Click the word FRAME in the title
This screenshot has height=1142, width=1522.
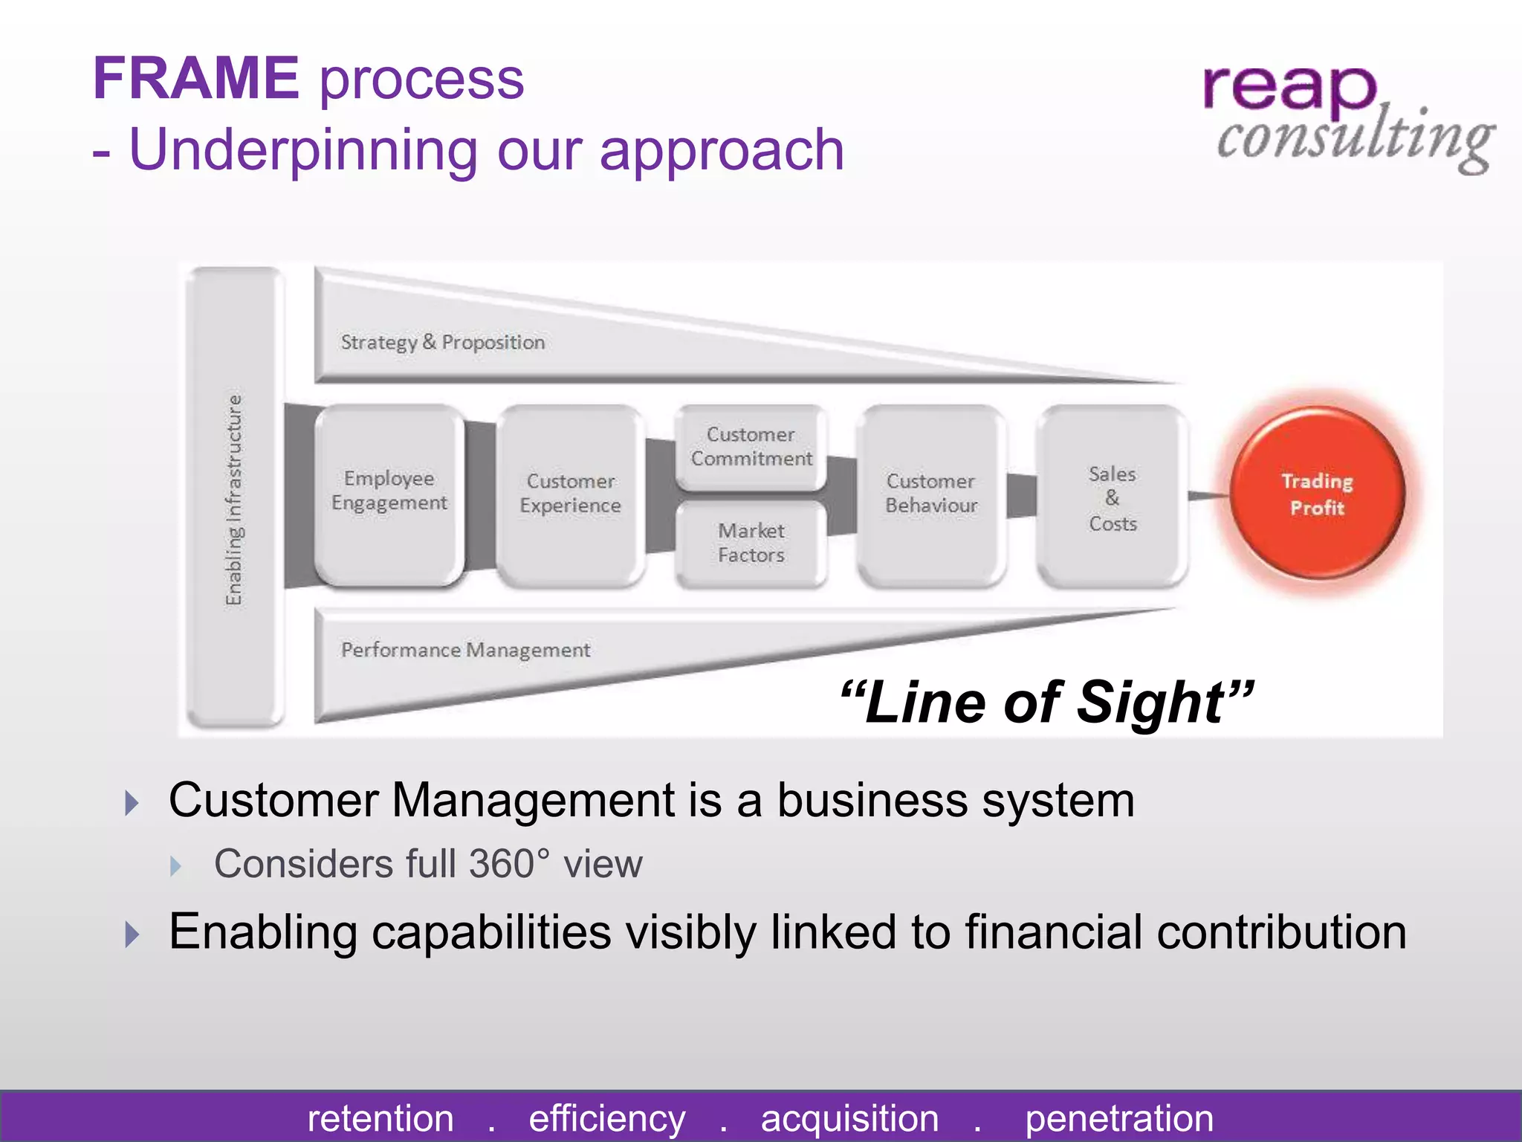pos(195,79)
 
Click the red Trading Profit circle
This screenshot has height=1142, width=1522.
pos(1317,494)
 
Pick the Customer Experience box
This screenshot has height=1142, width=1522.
pos(570,494)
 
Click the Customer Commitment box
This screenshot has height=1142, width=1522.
pos(751,446)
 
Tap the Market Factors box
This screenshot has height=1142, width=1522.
pos(751,543)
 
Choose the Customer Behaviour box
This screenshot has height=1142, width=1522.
pos(930,494)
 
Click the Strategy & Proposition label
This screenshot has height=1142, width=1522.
pos(443,343)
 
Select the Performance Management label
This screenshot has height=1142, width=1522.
pos(465,651)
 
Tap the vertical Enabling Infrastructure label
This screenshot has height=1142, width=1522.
pos(234,500)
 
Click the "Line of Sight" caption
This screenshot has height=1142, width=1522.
pos(1046,702)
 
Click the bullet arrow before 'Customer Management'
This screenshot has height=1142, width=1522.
pos(132,803)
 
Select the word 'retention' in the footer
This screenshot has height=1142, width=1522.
pos(380,1118)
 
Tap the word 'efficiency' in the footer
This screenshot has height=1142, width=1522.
pos(606,1118)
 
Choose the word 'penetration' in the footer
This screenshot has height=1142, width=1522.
pos(1119,1118)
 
